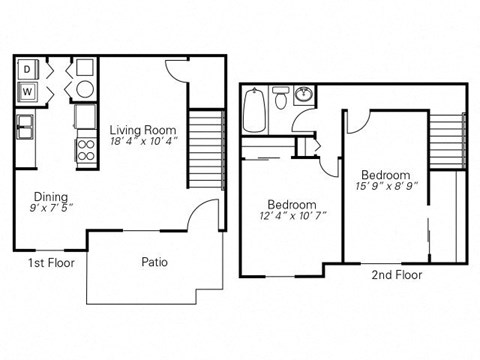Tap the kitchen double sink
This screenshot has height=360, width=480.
(24, 127)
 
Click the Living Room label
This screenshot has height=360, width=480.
(144, 130)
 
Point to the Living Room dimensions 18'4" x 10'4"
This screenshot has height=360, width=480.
(144, 142)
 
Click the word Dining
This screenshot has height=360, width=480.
(50, 196)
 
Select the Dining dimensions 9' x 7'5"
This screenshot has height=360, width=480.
(50, 208)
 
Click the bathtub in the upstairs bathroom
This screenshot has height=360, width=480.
(255, 112)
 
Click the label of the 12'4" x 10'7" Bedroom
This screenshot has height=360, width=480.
(292, 204)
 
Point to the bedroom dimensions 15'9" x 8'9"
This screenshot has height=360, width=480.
(385, 186)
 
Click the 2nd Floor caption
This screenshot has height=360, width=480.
(396, 273)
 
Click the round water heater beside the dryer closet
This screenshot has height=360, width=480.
(85, 89)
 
